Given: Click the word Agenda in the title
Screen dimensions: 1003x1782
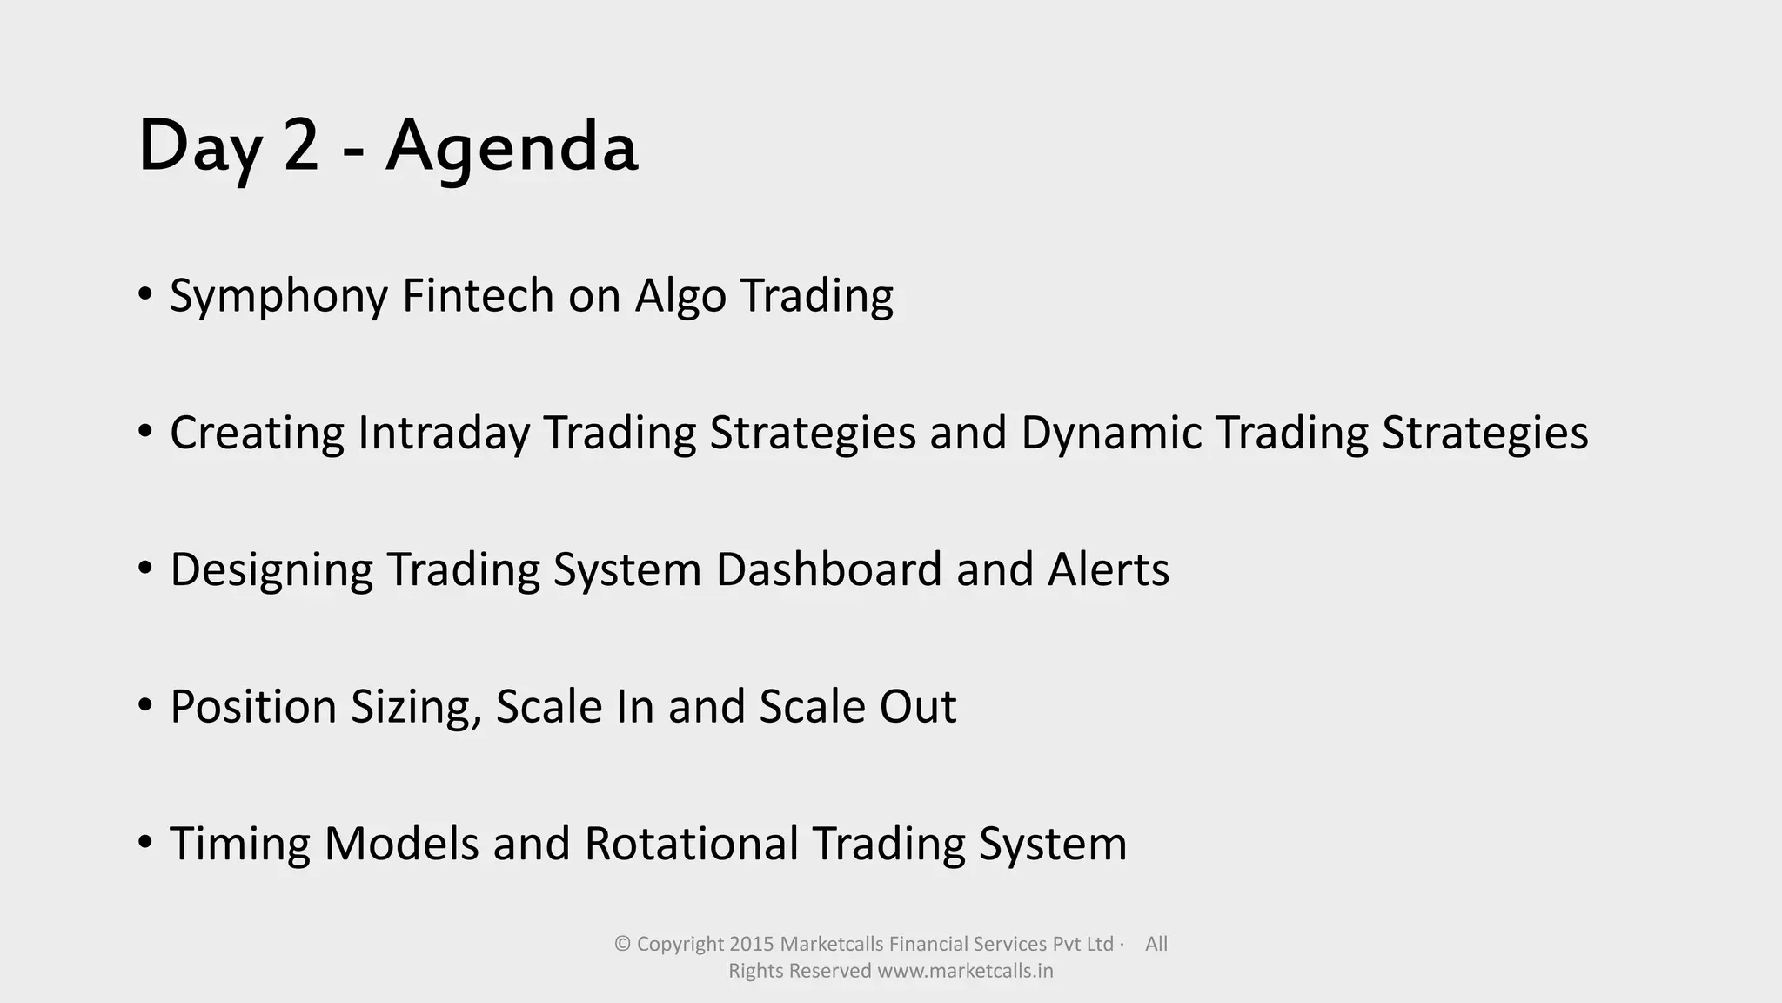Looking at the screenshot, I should (512, 146).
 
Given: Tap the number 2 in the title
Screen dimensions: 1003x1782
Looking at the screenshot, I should (301, 146).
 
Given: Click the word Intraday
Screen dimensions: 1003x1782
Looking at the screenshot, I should (443, 433).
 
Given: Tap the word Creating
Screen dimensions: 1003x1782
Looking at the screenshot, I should (257, 433).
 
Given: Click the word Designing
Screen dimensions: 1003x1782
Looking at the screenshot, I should (271, 570).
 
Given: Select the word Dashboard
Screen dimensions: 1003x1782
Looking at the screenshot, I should (829, 569).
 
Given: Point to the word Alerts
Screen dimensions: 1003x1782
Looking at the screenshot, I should (1109, 569).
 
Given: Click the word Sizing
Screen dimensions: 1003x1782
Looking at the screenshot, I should (416, 707).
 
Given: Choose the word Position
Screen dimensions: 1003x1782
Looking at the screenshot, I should (253, 707).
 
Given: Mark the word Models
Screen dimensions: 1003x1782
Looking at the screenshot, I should (401, 844).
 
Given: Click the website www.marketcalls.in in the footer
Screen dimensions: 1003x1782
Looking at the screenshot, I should (965, 971).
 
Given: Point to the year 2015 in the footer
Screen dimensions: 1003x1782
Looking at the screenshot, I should (752, 944).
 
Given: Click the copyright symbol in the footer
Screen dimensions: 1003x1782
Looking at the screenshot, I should (622, 944).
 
